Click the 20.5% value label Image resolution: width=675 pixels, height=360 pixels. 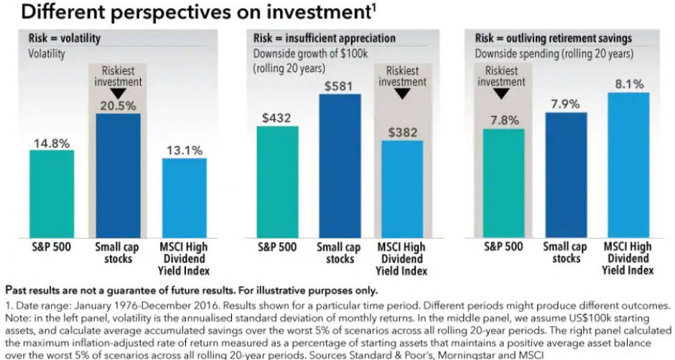point(118,105)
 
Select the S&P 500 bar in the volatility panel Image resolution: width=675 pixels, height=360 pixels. point(51,194)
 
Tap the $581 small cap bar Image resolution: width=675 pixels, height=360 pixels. point(340,165)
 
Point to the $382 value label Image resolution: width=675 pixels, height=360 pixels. point(402,132)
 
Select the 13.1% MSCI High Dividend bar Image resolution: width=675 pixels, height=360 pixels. point(185,198)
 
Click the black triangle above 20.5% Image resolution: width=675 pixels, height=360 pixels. point(118,93)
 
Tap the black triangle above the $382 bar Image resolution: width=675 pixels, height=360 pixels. point(402,93)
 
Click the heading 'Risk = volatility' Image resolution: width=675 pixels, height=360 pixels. point(65,38)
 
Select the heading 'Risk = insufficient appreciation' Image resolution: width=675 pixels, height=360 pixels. point(324,38)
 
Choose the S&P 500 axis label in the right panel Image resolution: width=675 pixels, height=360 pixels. point(503,247)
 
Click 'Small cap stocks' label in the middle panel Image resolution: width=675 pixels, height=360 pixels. point(339,252)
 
